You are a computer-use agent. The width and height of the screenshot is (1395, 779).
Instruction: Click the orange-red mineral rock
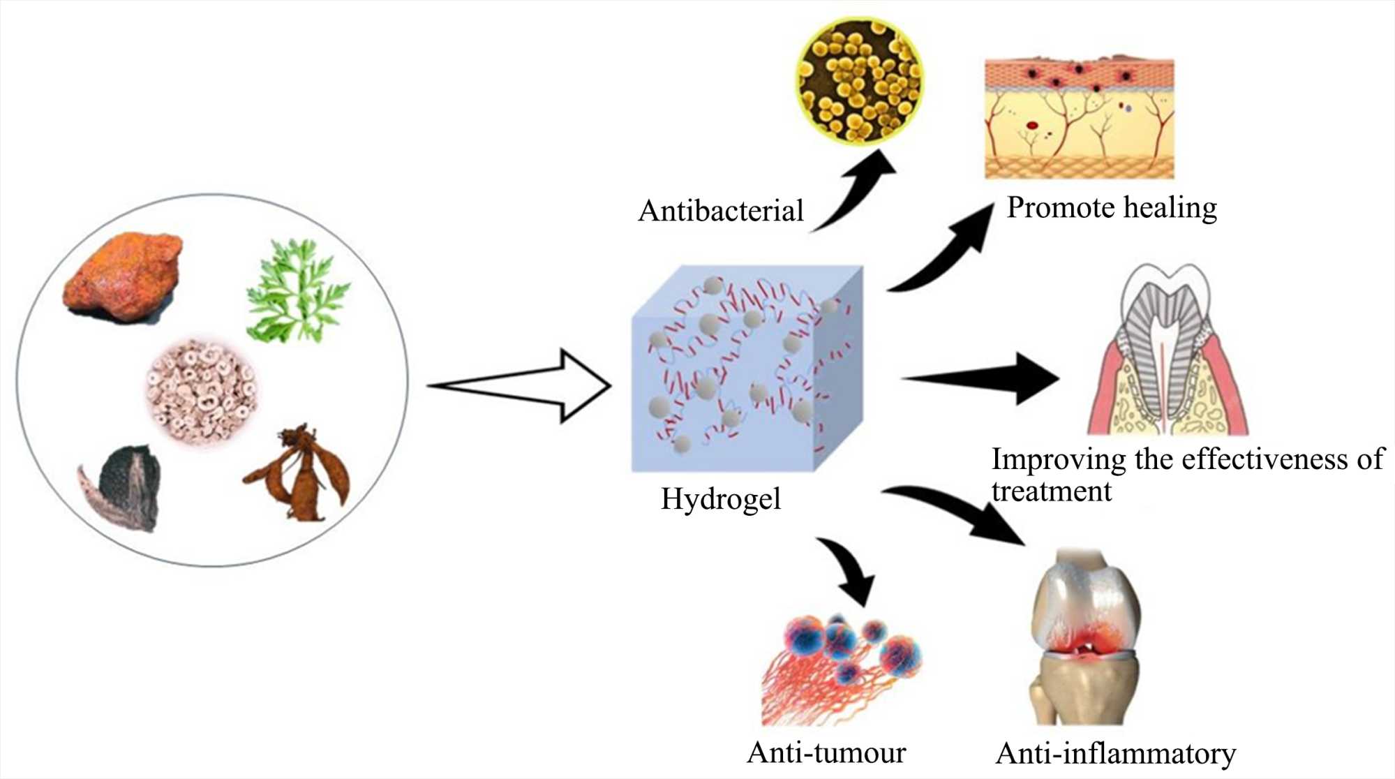pos(124,276)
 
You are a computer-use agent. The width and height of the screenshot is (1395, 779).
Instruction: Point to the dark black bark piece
pos(126,485)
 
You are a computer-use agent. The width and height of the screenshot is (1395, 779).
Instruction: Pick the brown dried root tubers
pos(300,475)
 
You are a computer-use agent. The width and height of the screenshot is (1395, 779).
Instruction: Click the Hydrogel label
pos(720,499)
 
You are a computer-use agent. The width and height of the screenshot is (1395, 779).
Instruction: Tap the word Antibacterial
pos(720,211)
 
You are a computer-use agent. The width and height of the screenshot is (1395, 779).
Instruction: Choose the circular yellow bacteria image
pos(860,82)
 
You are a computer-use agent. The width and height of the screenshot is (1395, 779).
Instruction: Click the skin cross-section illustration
pos(1079,119)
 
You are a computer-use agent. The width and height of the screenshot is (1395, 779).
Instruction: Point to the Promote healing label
pos(1112,208)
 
